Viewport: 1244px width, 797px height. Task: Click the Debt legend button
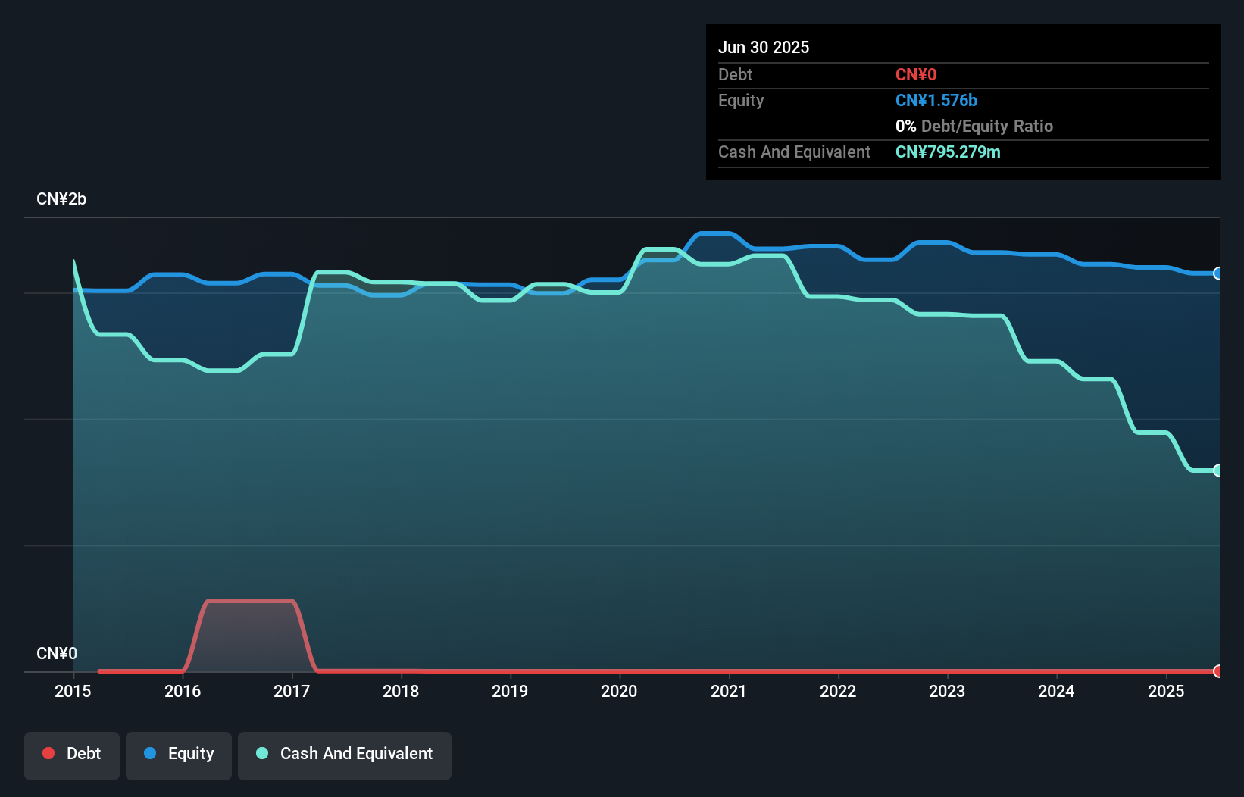(72, 754)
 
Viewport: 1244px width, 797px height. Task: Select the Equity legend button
(179, 754)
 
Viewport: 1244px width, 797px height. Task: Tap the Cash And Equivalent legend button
(345, 754)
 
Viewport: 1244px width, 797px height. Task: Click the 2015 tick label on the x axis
(73, 691)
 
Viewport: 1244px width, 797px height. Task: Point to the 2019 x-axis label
(510, 691)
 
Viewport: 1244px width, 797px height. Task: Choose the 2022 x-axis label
(838, 691)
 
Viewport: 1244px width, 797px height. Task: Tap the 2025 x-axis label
(1166, 691)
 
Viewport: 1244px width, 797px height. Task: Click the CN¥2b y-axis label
(61, 199)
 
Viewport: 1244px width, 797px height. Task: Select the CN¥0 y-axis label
(57, 653)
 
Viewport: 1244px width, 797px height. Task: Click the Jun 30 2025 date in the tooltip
(764, 47)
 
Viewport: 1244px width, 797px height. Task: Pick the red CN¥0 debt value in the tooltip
(916, 74)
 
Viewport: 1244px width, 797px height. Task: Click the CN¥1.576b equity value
(936, 100)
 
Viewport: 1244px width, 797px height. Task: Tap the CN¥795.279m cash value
(948, 152)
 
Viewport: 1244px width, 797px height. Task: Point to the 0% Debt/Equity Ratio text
(974, 126)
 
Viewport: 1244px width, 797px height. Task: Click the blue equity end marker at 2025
(1217, 273)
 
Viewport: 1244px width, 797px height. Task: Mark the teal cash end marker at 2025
(1217, 470)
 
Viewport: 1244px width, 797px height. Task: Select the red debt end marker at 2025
(1217, 671)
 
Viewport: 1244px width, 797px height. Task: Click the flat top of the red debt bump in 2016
(250, 601)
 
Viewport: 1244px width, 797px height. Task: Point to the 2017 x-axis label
(292, 691)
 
